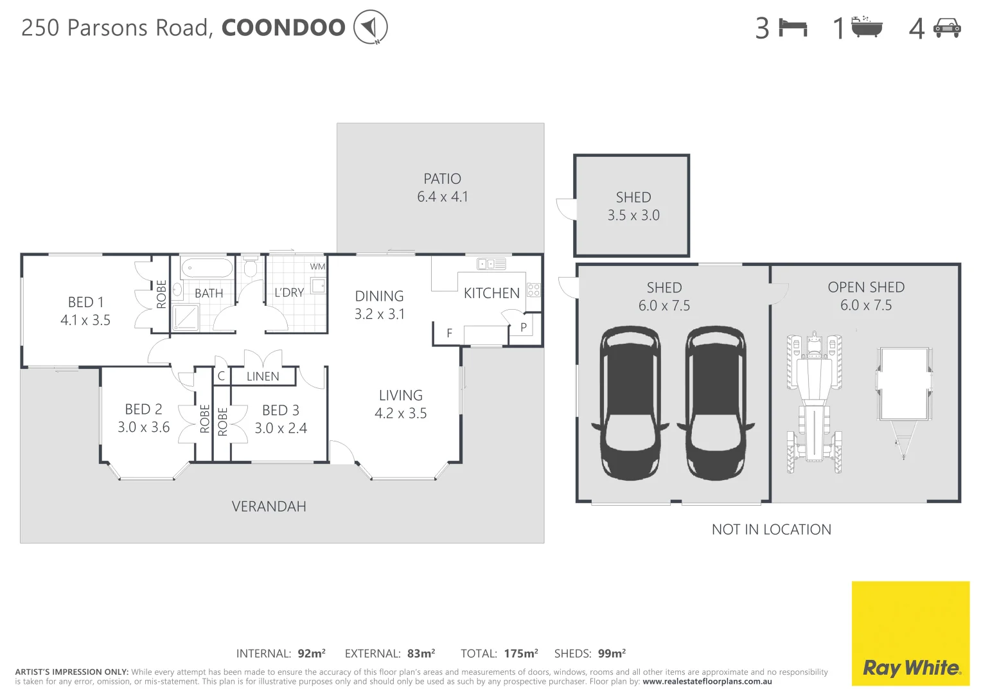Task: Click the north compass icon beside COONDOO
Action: [370, 27]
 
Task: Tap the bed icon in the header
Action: [793, 28]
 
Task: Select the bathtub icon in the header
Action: [867, 27]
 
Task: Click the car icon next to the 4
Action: [947, 28]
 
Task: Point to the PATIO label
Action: [442, 179]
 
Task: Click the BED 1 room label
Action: [85, 302]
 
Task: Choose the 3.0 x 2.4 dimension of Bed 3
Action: [281, 428]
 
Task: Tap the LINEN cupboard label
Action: [263, 377]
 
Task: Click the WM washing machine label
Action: [317, 267]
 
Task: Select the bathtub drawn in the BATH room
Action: [206, 268]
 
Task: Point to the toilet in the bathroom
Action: [251, 267]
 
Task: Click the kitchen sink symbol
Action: [491, 263]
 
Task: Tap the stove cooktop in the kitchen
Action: [533, 290]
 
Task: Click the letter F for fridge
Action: [449, 334]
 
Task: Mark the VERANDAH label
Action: [269, 506]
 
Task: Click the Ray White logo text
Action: [911, 668]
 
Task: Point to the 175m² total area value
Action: [521, 654]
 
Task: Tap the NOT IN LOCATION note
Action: [771, 529]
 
